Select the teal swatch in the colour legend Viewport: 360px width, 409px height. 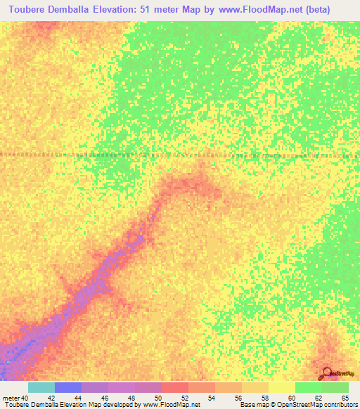click(41, 387)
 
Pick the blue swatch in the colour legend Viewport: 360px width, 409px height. click(68, 387)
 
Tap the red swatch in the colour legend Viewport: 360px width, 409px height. click(175, 387)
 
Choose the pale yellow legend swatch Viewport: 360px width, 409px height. click(281, 387)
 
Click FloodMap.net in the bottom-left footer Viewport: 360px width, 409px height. click(176, 404)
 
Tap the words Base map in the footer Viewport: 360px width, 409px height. click(252, 404)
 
